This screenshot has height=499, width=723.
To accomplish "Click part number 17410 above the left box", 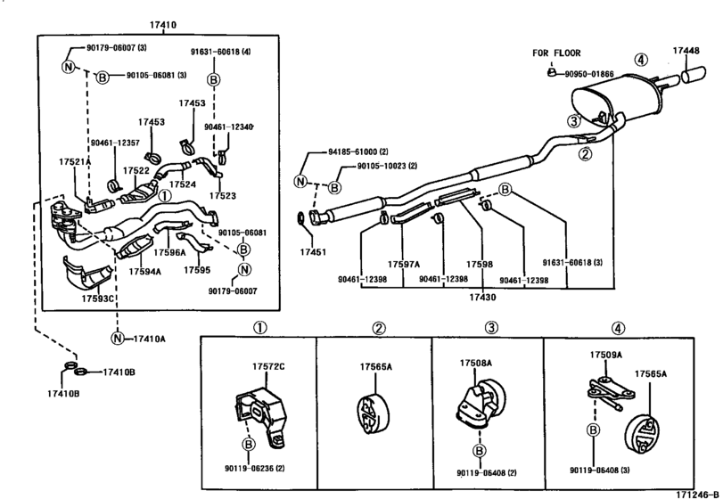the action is pyautogui.click(x=162, y=25).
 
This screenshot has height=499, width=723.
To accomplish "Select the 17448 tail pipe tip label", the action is pyautogui.click(x=686, y=51).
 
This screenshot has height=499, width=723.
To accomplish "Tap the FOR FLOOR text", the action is pyautogui.click(x=556, y=53).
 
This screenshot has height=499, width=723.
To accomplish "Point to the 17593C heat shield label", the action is pyautogui.click(x=97, y=299).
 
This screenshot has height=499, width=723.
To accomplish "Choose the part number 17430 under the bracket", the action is pyautogui.click(x=483, y=298).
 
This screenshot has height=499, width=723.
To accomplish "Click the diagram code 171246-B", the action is pyautogui.click(x=698, y=495).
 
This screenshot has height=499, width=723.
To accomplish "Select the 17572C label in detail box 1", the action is pyautogui.click(x=268, y=367).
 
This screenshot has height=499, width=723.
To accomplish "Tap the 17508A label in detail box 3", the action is pyautogui.click(x=475, y=363).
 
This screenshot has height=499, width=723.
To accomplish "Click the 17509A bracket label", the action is pyautogui.click(x=606, y=355).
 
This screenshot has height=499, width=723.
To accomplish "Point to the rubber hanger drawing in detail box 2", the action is pyautogui.click(x=373, y=413).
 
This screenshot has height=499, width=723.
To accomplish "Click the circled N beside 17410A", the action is pyautogui.click(x=118, y=339).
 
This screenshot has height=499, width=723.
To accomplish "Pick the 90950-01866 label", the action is pyautogui.click(x=589, y=74).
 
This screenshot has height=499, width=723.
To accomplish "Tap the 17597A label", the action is pyautogui.click(x=404, y=265).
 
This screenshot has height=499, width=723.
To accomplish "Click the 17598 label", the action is pyautogui.click(x=479, y=265).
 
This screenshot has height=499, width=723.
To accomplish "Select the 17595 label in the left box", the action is pyautogui.click(x=197, y=270).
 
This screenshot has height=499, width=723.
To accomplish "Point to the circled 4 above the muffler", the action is pyautogui.click(x=641, y=60).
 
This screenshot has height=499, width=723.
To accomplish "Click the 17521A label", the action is pyautogui.click(x=75, y=161).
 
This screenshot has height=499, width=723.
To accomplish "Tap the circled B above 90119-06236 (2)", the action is pyautogui.click(x=249, y=444).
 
